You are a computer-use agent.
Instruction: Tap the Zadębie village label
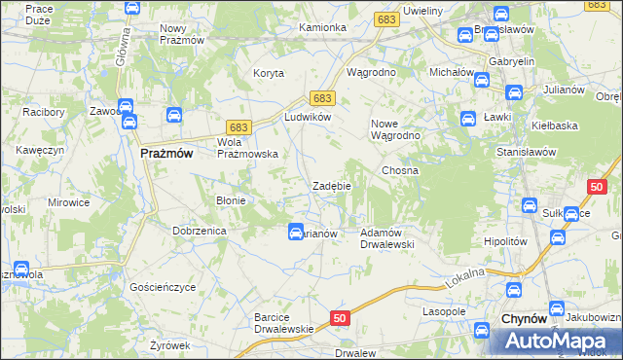[331, 185]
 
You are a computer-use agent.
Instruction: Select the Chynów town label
[524, 319]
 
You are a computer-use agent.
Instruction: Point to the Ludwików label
[309, 117]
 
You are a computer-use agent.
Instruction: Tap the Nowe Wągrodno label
[395, 129]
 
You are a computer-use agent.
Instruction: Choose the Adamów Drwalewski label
[387, 238]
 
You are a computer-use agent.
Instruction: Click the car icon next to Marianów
[295, 232]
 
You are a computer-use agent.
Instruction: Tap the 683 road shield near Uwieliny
[385, 19]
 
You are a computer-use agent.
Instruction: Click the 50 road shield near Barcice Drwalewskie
[339, 317]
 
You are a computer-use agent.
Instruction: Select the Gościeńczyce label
[163, 288]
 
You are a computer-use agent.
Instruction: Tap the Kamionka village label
[323, 27]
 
